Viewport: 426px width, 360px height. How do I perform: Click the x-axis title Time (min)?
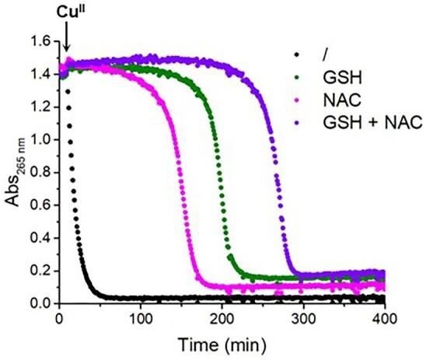coord(223,344)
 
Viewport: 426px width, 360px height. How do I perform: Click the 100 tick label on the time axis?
coord(141,318)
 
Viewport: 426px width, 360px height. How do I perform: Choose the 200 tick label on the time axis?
coord(222,318)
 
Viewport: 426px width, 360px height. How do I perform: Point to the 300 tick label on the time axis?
coord(304,318)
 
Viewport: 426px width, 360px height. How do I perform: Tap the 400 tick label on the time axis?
coord(385,318)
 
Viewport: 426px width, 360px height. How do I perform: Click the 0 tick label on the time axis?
coord(60,318)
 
